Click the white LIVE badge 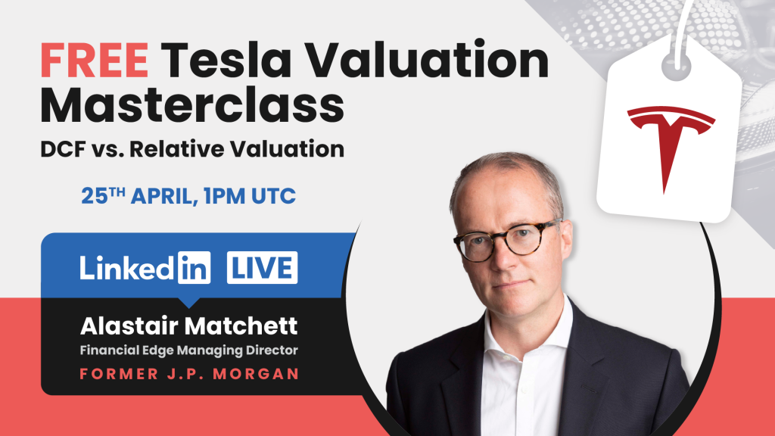pos(262,269)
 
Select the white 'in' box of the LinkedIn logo pos(195,269)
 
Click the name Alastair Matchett pos(189,327)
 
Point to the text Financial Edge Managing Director pos(188,350)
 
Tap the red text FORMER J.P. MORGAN pos(189,375)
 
